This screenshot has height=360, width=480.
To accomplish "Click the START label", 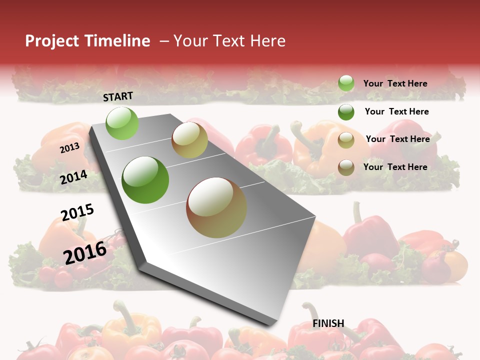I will click(x=118, y=96).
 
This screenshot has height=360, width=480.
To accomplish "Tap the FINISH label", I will click(x=328, y=323).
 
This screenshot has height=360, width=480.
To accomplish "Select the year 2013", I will click(x=69, y=147).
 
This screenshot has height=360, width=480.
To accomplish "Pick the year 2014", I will click(x=73, y=177).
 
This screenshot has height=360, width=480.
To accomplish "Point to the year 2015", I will click(x=77, y=212).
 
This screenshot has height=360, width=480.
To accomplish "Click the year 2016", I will click(x=85, y=252).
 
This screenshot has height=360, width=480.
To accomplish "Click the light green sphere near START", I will click(x=122, y=123).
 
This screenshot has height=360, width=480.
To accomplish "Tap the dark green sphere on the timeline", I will click(x=145, y=179).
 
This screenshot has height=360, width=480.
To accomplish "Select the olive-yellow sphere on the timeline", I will click(x=189, y=139).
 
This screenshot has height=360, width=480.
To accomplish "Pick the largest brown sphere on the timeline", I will click(x=216, y=207).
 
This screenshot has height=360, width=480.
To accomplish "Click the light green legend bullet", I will click(x=346, y=83).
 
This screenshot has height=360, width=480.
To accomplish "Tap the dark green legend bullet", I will click(x=346, y=112).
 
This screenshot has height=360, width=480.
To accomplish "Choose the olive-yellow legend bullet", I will click(x=346, y=140).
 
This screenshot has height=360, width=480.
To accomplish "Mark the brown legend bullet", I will click(x=346, y=167).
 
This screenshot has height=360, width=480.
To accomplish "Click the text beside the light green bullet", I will click(x=395, y=83).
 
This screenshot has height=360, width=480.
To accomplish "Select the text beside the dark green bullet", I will click(x=396, y=111).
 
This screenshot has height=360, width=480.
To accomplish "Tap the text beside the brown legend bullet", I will click(x=395, y=167).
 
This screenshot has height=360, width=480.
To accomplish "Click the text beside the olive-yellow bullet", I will click(x=397, y=139).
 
